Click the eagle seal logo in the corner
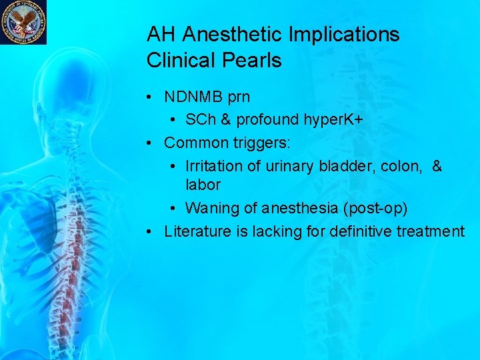pyautogui.click(x=23, y=22)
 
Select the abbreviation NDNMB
pyautogui.click(x=193, y=97)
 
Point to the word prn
pyautogui.click(x=239, y=97)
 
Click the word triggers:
pyautogui.click(x=262, y=143)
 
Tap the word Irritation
pyautogui.click(x=215, y=166)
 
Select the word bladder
pyautogui.click(x=353, y=166)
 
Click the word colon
pyautogui.click(x=401, y=166)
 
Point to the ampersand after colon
pyautogui.click(x=437, y=166)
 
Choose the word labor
pyautogui.click(x=203, y=184)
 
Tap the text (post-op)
pyautogui.click(x=375, y=208)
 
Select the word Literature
pyautogui.click(x=196, y=231)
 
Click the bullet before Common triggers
pyautogui.click(x=152, y=143)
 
